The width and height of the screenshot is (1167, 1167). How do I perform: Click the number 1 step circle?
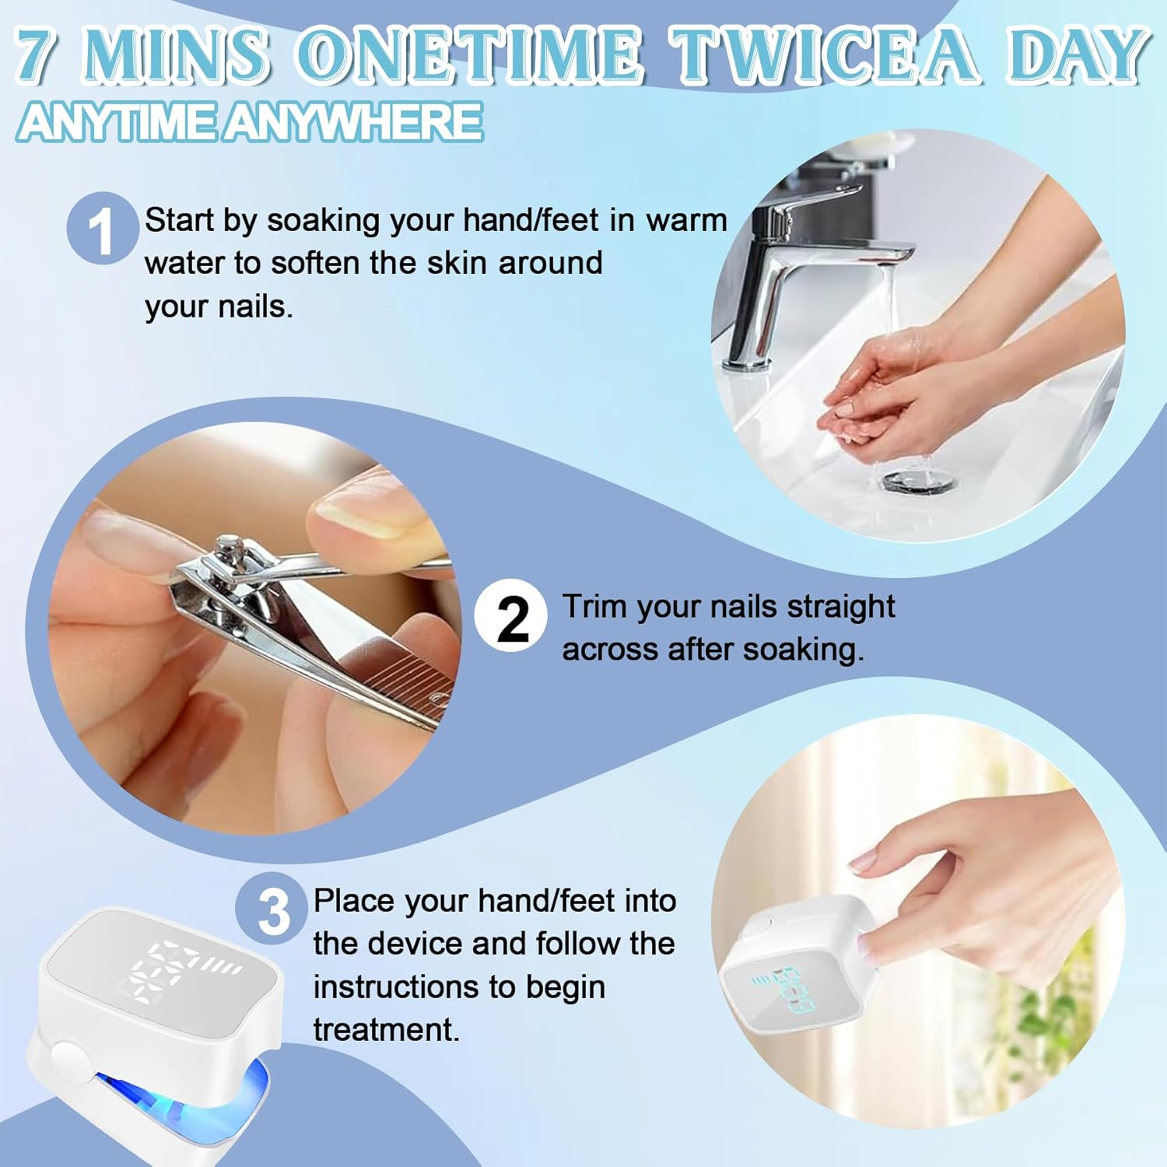102,229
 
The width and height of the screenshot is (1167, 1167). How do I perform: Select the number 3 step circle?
273,909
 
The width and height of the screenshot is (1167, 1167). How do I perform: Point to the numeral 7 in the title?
38,56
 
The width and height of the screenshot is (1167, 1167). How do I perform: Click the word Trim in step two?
594,607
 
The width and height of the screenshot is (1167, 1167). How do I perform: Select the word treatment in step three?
386,1030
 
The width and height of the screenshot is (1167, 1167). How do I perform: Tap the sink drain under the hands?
919,482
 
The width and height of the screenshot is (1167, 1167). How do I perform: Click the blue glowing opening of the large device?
187,1093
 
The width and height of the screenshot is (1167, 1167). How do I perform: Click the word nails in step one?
254,307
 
